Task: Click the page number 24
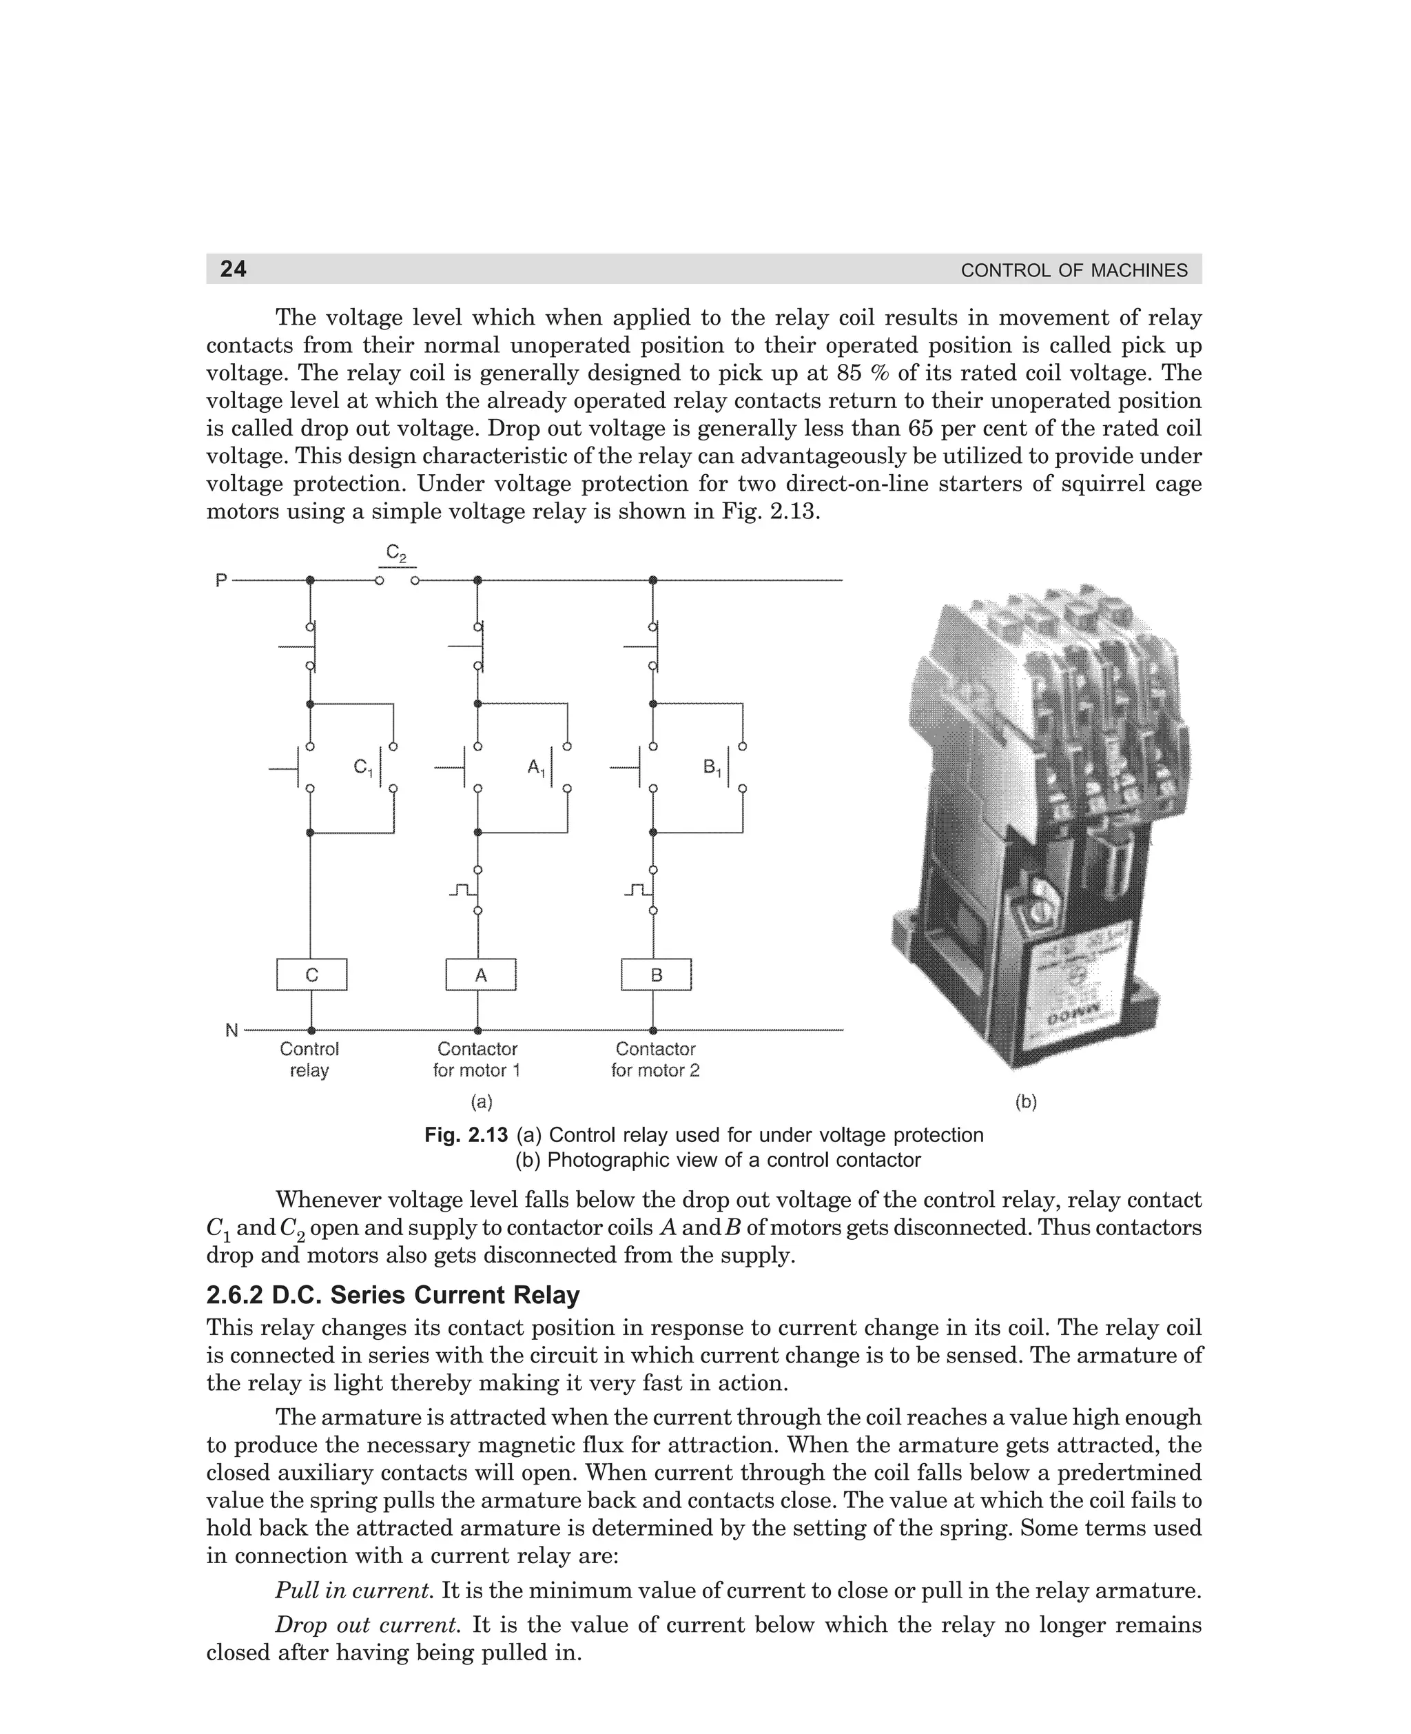(x=234, y=269)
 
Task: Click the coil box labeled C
(x=311, y=975)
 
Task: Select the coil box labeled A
(x=480, y=975)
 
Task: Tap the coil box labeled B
(x=656, y=975)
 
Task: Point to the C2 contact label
(x=396, y=553)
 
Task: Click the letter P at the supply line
(x=220, y=580)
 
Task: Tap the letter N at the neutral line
(x=231, y=1031)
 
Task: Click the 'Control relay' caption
(x=309, y=1060)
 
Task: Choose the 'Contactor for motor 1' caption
(x=477, y=1060)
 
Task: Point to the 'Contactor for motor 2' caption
(x=655, y=1060)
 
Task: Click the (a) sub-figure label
(x=482, y=1102)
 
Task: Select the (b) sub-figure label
(x=1026, y=1102)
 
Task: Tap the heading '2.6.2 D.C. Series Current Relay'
(x=393, y=1295)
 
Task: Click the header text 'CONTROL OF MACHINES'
(x=1073, y=271)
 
